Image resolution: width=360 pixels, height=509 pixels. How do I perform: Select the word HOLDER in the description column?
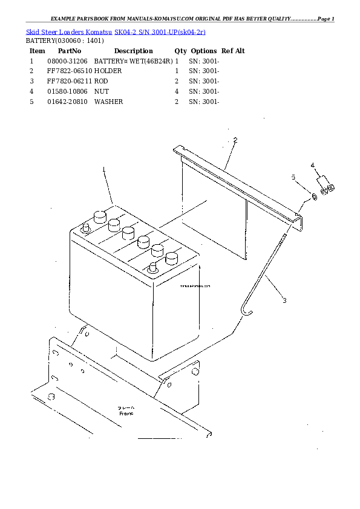tap(108, 71)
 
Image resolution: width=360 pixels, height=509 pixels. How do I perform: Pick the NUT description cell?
tap(101, 91)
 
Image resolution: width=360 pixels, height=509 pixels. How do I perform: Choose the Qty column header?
tap(180, 51)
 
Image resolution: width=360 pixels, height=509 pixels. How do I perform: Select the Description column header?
tap(133, 51)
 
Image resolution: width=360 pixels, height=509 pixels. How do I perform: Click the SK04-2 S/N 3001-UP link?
tap(160, 31)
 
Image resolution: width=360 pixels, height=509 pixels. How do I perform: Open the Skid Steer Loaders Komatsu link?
tap(69, 31)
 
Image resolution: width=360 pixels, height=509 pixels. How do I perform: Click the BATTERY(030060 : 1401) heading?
tap(65, 41)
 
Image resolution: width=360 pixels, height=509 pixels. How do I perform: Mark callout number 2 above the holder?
tap(235, 140)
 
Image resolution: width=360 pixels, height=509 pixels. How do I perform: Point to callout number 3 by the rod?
tap(284, 300)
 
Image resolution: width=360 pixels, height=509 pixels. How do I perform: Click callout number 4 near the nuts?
tap(312, 164)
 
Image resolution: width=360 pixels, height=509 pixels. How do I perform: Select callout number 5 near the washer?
tap(293, 177)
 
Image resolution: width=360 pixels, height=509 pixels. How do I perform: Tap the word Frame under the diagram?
tap(126, 413)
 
